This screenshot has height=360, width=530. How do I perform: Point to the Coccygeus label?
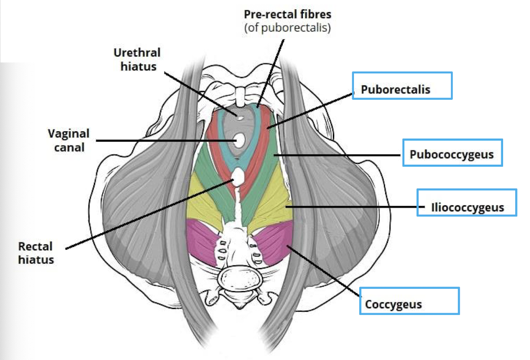tap(393, 304)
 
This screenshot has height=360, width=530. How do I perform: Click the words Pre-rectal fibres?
tap(287, 15)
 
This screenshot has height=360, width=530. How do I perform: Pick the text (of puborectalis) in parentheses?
tap(287, 28)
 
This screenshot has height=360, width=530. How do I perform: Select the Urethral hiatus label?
tap(137, 59)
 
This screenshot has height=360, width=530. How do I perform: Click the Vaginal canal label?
tap(69, 140)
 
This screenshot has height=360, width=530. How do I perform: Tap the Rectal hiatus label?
tap(36, 253)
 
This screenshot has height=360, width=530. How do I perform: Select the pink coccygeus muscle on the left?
tap(203, 240)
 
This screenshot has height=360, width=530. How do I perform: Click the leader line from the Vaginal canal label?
tap(162, 141)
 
